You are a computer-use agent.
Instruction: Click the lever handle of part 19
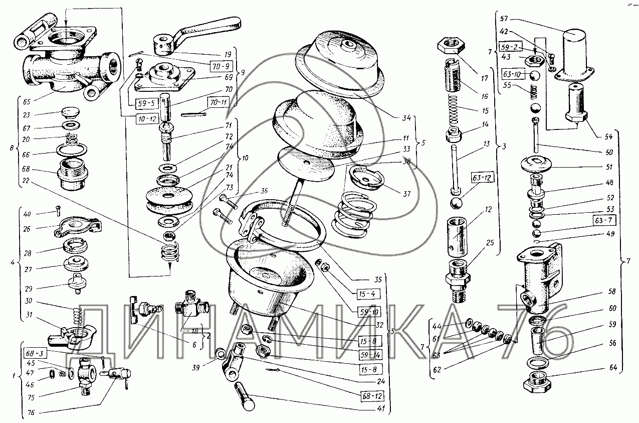click(210, 28)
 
